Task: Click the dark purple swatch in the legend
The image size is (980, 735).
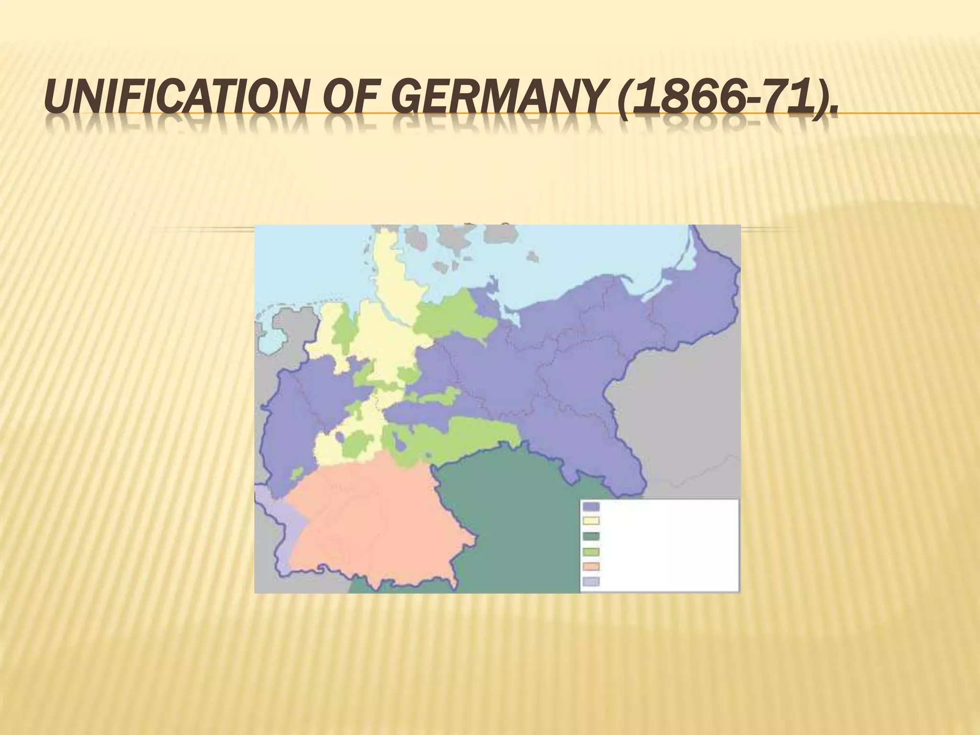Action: [x=591, y=507]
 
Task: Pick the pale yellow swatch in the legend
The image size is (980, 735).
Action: [x=591, y=521]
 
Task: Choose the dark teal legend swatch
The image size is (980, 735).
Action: [x=591, y=536]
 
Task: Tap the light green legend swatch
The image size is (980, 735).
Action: [x=591, y=551]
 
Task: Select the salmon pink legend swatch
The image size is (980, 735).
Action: [x=591, y=567]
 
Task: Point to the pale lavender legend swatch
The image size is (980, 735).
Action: [x=591, y=582]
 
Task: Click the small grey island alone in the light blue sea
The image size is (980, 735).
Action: [x=533, y=257]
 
